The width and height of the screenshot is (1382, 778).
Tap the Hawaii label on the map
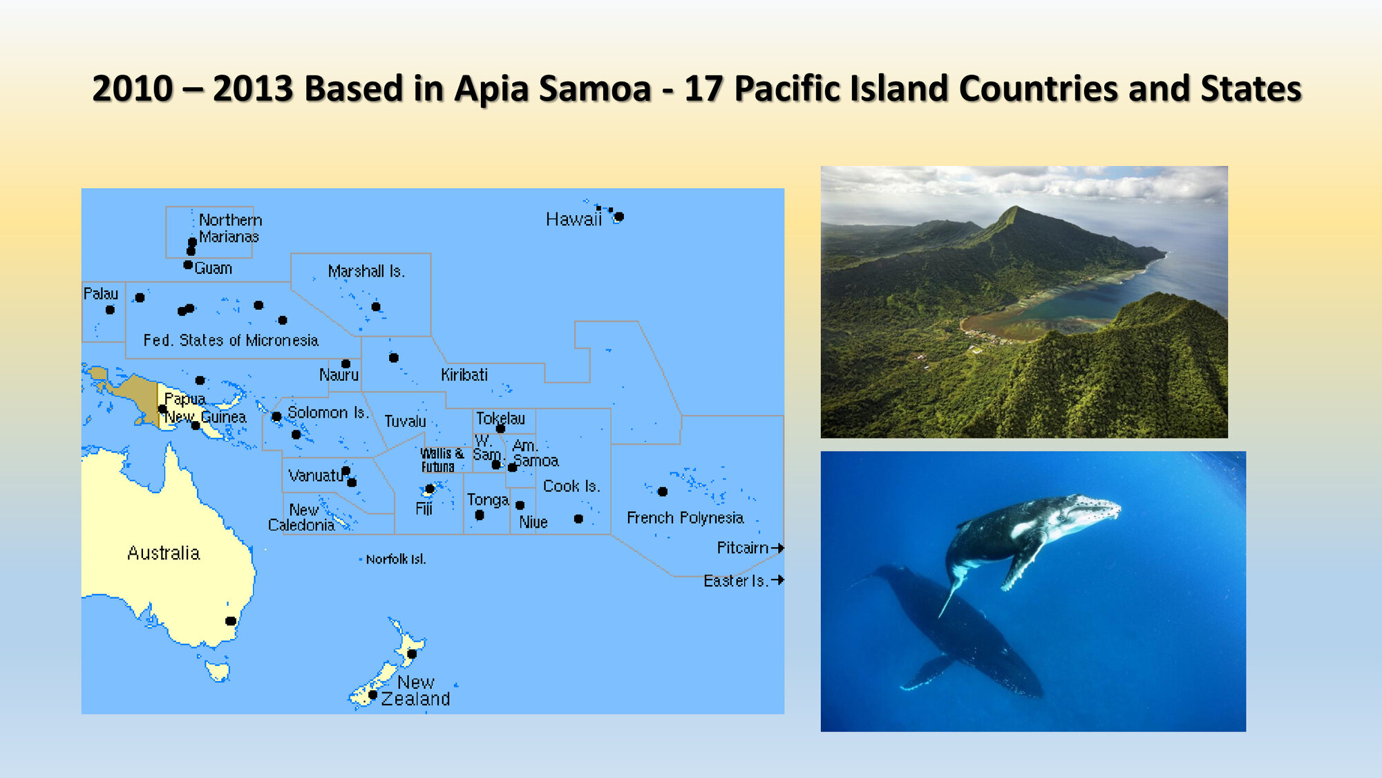[574, 220]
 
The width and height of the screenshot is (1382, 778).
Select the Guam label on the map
[214, 268]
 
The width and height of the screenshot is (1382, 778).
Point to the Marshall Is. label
[366, 271]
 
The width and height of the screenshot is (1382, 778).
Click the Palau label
[101, 293]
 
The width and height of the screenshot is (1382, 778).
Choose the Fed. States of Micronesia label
[231, 340]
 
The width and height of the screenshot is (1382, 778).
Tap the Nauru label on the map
[339, 375]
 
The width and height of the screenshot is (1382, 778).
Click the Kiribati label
[464, 375]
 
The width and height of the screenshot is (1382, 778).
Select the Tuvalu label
[405, 421]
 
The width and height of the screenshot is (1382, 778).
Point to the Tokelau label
[500, 418]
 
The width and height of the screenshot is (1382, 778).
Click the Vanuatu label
[316, 476]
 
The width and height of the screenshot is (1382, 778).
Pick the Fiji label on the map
[424, 509]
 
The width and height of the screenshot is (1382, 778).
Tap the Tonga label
[488, 500]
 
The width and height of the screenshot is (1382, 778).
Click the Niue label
[533, 522]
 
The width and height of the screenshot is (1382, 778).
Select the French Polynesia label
[685, 518]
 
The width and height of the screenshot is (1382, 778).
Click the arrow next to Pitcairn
[777, 548]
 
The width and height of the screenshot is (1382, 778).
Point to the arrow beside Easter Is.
[777, 580]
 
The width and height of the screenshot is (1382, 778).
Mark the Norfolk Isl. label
[396, 559]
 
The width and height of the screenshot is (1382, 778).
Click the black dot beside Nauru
[346, 364]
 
